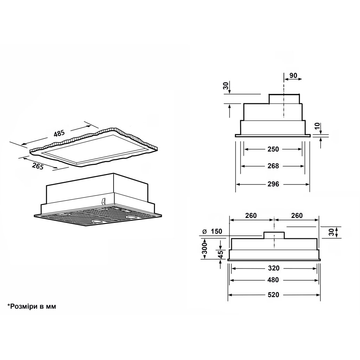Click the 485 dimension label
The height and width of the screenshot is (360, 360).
pos(59,134)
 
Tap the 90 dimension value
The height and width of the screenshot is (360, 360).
pos(293,75)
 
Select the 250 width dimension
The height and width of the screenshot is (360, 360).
pos(273,149)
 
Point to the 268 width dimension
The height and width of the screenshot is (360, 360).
pos(273,166)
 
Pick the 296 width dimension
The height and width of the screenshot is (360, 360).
pos(273,184)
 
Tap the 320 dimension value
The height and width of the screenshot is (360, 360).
pos(274,268)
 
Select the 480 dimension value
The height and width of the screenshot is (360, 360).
pos(274,280)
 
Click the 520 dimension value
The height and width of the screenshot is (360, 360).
pos(274,295)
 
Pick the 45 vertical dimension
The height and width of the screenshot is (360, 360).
pos(221,254)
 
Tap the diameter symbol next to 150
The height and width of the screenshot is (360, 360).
pos(204,231)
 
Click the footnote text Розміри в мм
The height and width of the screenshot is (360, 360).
pos(32,307)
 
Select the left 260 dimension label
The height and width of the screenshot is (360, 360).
pos(251,216)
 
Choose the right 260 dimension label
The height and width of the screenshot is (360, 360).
pos(297,216)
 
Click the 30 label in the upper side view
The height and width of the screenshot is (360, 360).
pos(226,85)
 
